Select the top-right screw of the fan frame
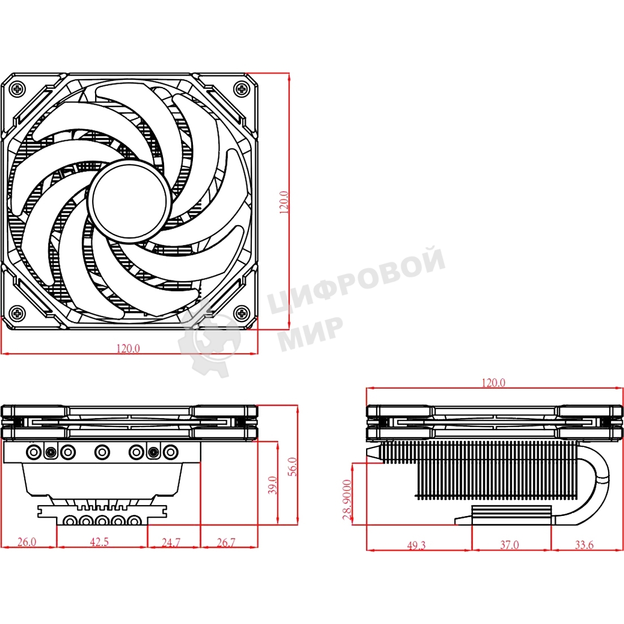click(x=242, y=88)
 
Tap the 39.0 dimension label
click(x=273, y=485)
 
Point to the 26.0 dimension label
click(x=26, y=541)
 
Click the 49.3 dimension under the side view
click(x=416, y=545)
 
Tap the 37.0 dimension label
click(x=509, y=545)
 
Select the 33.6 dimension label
click(x=584, y=545)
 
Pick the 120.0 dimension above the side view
click(x=493, y=382)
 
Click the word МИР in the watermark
click(x=312, y=333)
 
